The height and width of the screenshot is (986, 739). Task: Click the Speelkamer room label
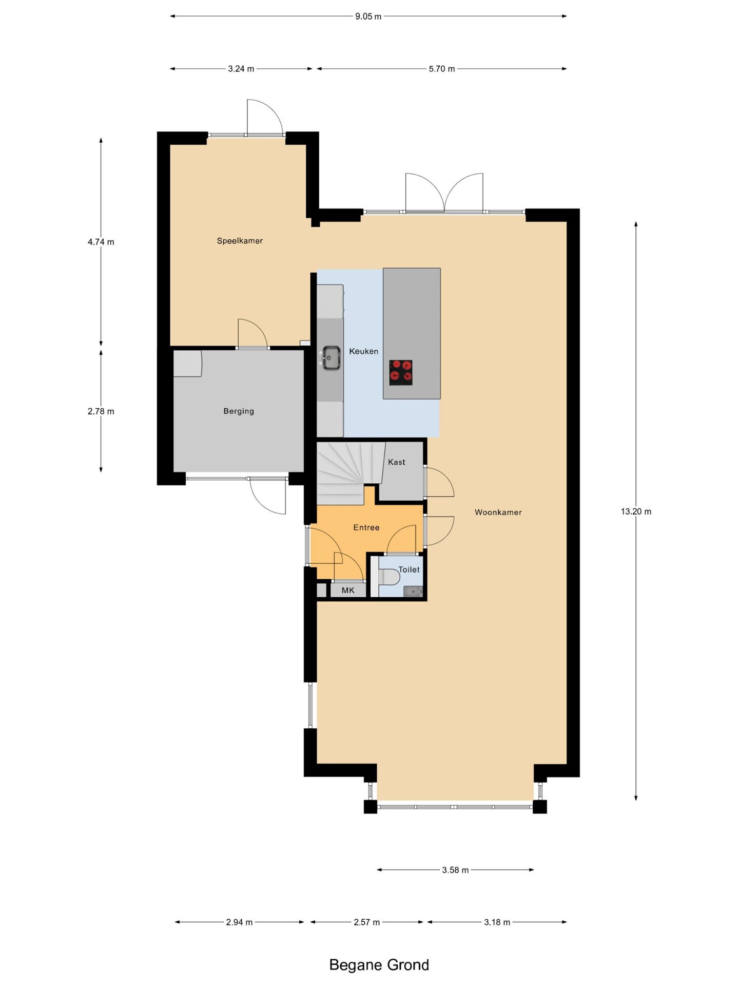tap(240, 241)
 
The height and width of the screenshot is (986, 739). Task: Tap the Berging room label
tap(239, 411)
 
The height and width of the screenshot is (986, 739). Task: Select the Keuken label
tap(363, 351)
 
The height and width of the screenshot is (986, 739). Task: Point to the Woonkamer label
tap(498, 512)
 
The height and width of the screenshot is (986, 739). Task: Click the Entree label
tap(366, 527)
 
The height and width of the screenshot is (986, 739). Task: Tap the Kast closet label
tap(397, 462)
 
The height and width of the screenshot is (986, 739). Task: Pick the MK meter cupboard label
tap(348, 591)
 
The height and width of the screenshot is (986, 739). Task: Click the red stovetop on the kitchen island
tap(401, 372)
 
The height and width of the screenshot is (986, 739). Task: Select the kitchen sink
tap(331, 357)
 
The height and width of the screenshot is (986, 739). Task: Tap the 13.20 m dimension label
tap(636, 511)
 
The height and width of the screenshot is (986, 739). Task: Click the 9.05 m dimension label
tap(368, 16)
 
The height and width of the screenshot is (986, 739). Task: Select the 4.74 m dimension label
tap(101, 242)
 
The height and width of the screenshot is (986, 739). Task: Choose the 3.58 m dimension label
tap(455, 870)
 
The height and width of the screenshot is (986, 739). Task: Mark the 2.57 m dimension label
tap(366, 922)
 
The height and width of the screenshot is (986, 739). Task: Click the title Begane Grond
tap(379, 965)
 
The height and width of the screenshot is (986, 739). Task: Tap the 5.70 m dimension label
tap(442, 69)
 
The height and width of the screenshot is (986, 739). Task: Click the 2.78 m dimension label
tap(101, 411)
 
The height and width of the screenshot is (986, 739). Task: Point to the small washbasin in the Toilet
tap(413, 592)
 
